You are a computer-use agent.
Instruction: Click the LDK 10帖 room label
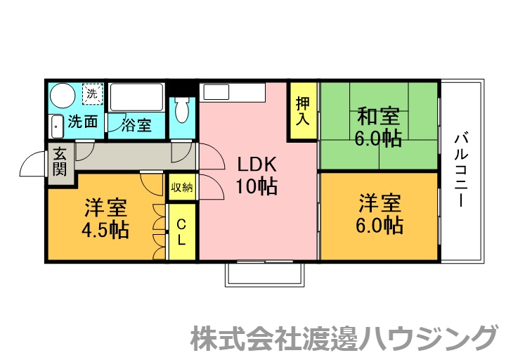click(257, 176)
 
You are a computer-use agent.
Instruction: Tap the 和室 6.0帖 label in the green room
click(378, 127)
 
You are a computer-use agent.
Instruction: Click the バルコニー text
click(461, 169)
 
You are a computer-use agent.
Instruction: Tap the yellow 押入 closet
click(302, 111)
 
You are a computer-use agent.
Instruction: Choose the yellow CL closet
click(181, 231)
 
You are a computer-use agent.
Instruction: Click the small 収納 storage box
click(181, 187)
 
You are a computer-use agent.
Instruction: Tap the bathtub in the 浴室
click(137, 97)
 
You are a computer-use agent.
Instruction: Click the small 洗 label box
click(92, 92)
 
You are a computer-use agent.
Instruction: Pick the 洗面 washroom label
click(83, 122)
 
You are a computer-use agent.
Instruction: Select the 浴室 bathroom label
click(136, 125)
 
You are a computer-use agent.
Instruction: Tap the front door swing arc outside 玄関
click(32, 165)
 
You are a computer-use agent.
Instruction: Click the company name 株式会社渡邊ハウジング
click(344, 338)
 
